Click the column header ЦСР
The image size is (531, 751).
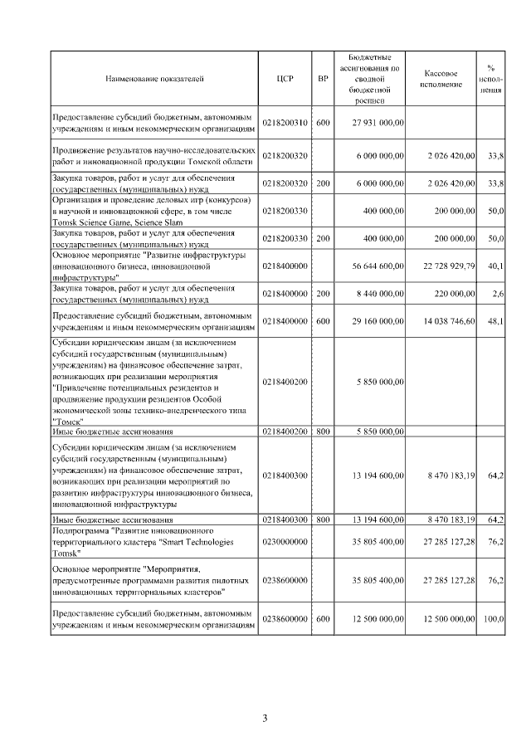point(285,79)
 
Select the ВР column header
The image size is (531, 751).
point(324,79)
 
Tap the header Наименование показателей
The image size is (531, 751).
point(154,79)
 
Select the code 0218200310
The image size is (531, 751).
point(285,123)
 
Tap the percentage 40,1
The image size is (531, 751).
point(497,266)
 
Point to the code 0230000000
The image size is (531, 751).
point(285,541)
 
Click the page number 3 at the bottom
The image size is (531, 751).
point(265,719)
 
